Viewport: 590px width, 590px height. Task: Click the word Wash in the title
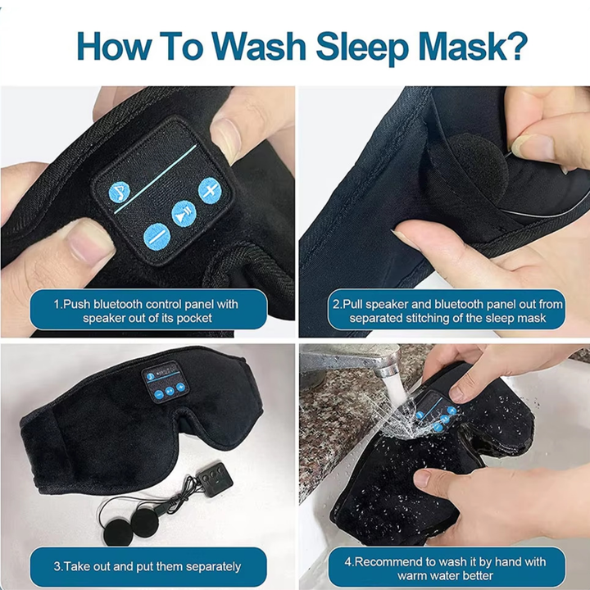(258, 46)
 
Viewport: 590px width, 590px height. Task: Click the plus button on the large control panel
(210, 190)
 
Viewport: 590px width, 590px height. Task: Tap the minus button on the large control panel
(157, 237)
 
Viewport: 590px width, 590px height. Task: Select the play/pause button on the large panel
(184, 214)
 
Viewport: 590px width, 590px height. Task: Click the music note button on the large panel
(120, 193)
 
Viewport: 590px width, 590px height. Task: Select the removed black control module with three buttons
(215, 479)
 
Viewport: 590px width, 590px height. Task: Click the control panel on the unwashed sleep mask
(166, 382)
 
